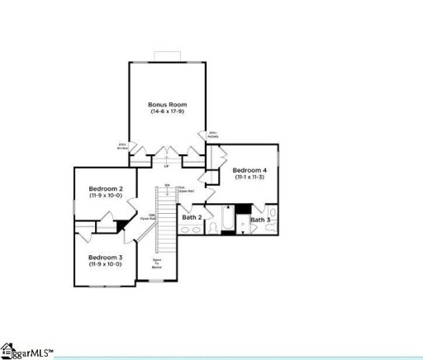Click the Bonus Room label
click(168, 105)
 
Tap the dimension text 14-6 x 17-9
click(168, 111)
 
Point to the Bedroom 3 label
click(106, 257)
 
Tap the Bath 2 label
click(191, 218)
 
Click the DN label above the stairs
click(167, 185)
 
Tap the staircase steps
click(168, 219)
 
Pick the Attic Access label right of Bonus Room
click(213, 134)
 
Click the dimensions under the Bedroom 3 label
click(106, 263)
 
